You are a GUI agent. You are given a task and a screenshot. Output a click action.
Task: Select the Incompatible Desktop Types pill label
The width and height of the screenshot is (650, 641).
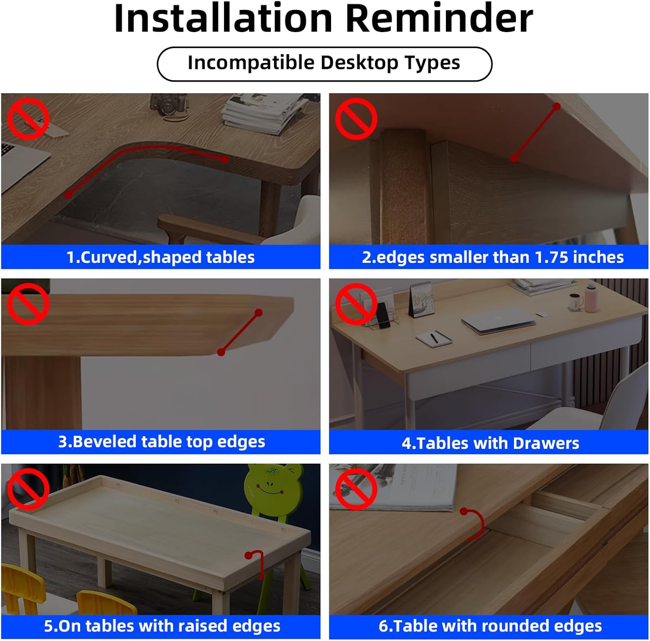pos(324,63)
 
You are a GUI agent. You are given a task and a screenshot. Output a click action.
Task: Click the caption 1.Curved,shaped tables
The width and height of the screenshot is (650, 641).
pos(160,257)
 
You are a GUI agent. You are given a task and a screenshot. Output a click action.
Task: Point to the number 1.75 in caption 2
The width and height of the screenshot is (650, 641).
pos(552,257)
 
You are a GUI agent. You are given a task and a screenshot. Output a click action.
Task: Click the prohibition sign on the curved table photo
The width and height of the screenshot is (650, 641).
pos(28,119)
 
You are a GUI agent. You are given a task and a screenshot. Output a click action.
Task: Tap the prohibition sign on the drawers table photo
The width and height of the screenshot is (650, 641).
pos(356,304)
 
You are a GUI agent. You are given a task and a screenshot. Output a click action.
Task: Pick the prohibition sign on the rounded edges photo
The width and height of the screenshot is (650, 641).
pos(356,489)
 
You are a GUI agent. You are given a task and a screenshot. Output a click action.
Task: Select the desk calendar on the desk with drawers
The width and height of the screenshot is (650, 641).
pos(421,300)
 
